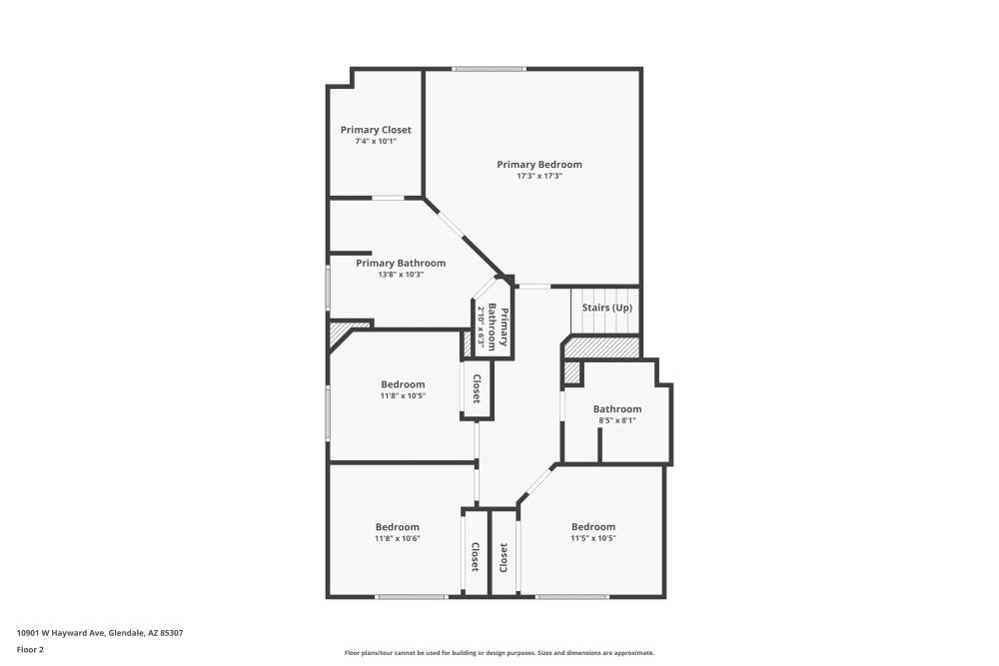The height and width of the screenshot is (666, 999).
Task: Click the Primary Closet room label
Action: click(376, 130)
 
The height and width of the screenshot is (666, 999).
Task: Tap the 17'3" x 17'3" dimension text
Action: click(539, 176)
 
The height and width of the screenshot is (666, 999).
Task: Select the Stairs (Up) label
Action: click(606, 308)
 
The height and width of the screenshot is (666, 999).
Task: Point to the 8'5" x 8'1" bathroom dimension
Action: click(616, 420)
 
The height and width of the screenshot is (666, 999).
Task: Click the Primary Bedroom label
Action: click(539, 164)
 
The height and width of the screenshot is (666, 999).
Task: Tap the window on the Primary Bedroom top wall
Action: click(489, 69)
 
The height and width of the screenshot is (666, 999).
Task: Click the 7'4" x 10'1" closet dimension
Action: click(376, 142)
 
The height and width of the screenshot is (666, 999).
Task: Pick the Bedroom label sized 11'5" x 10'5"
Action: click(593, 527)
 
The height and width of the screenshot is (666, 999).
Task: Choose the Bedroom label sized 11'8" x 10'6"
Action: click(398, 527)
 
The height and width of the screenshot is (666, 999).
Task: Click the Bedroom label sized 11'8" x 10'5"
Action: click(403, 384)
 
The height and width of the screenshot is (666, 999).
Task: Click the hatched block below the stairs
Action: click(600, 347)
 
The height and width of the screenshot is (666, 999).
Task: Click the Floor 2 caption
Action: click(30, 649)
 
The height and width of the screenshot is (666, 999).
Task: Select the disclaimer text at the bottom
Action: click(499, 652)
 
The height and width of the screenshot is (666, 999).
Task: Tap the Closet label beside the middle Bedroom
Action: click(478, 388)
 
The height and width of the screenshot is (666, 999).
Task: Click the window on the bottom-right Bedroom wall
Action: click(571, 597)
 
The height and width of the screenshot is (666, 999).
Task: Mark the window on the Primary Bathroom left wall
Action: click(328, 286)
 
